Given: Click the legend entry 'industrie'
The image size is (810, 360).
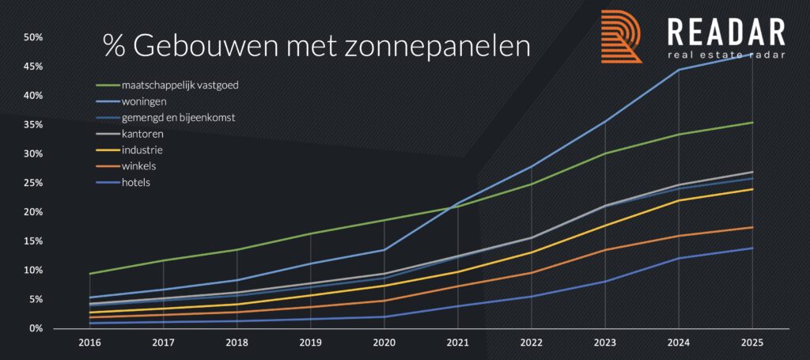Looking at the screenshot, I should [x=141, y=150].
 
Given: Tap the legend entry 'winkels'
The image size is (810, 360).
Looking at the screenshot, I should [x=139, y=166].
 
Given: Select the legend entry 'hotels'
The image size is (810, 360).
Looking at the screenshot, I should [x=137, y=182].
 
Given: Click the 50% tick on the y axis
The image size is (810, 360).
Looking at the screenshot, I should [x=32, y=37].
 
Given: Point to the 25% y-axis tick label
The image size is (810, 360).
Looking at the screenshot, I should [x=32, y=183].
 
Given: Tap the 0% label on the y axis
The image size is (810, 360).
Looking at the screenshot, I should [x=35, y=328].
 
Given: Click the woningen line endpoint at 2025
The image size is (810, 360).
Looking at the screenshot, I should [x=751, y=54].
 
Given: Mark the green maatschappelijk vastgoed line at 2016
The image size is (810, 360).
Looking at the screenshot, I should [x=90, y=274].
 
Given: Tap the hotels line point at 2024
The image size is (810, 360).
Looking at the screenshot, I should [x=678, y=258].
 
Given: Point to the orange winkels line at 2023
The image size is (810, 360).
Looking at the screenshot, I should [x=604, y=250].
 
